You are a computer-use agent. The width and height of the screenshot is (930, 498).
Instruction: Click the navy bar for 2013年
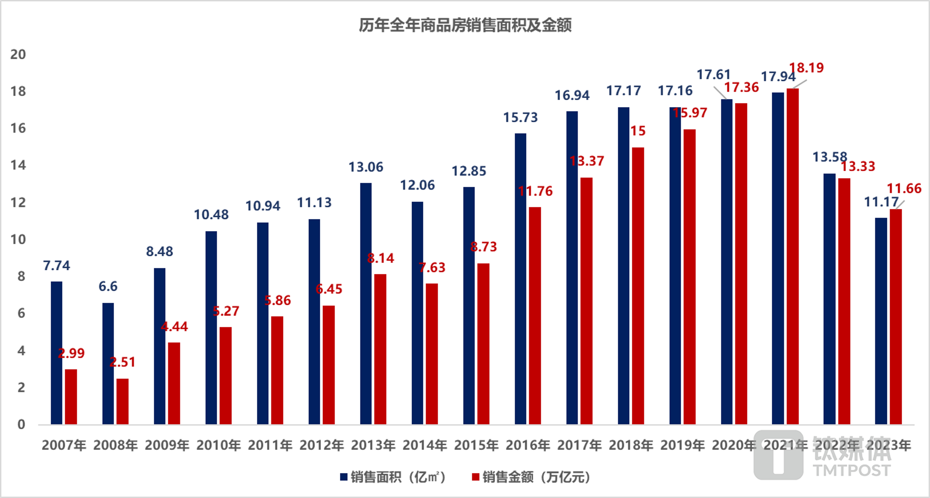click(366, 304)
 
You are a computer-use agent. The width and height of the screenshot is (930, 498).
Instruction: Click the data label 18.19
click(806, 68)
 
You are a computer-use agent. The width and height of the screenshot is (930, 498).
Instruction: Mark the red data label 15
click(638, 131)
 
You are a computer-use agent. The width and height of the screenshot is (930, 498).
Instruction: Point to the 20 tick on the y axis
click(18, 55)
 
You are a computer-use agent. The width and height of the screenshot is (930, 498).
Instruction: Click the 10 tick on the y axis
click(18, 239)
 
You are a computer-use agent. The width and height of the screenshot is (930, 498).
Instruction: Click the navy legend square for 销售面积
click(344, 477)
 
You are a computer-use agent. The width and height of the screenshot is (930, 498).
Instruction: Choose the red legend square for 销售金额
click(475, 477)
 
